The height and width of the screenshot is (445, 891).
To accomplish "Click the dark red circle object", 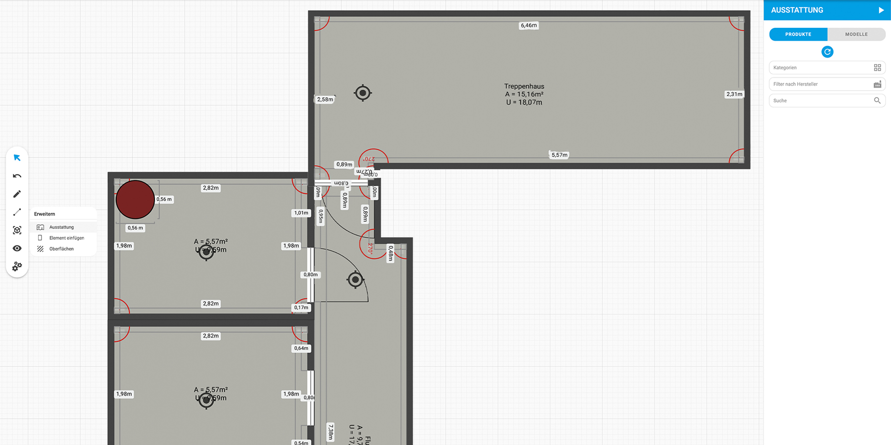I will (x=135, y=200).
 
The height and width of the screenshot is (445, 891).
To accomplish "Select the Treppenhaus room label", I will (x=524, y=87).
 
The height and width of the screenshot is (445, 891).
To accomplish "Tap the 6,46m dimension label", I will (x=528, y=25).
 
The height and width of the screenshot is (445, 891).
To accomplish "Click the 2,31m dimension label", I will (x=734, y=94).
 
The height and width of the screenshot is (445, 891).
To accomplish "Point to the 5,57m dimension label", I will (x=559, y=155).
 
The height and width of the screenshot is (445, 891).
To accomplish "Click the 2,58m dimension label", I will (x=325, y=100).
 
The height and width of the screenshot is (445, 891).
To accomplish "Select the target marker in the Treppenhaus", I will (x=362, y=93).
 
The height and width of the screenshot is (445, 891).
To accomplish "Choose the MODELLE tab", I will (x=856, y=34).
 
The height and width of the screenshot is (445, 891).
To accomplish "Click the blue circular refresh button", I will (x=827, y=52).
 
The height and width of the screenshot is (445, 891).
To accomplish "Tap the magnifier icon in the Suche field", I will (x=877, y=101).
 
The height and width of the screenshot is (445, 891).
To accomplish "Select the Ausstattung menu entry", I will (x=61, y=227).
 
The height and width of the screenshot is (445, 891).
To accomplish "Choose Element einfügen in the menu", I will (x=66, y=238).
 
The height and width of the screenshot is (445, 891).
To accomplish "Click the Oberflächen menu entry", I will (x=61, y=249).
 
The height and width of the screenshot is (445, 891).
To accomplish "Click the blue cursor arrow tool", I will (x=17, y=158).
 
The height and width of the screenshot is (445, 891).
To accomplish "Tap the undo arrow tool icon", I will (x=17, y=176).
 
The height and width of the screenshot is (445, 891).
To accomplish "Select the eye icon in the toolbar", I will (x=17, y=248).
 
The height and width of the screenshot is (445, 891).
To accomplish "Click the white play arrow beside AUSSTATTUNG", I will (x=881, y=10).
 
